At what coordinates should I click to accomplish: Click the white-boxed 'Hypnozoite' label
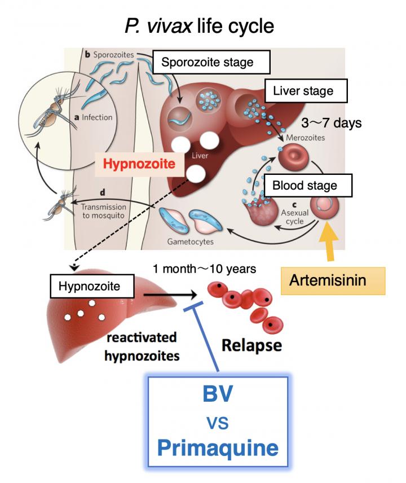click(x=93, y=286)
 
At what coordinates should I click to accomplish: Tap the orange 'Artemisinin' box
click(x=333, y=280)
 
